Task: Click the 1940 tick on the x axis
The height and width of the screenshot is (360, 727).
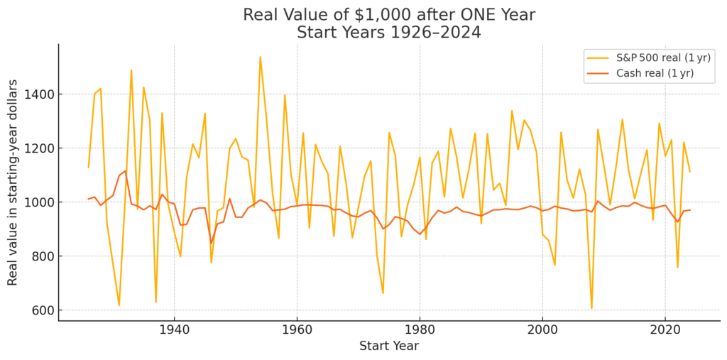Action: (x=174, y=330)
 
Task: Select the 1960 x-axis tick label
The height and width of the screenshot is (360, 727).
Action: (x=297, y=330)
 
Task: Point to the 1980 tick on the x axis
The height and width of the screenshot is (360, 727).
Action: (x=420, y=330)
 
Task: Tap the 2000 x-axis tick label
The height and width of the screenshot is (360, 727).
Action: (x=542, y=330)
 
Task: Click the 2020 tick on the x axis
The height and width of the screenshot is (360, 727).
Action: (x=665, y=330)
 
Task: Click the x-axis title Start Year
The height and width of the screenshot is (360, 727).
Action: (x=388, y=346)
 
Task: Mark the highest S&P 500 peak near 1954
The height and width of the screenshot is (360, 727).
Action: (x=260, y=57)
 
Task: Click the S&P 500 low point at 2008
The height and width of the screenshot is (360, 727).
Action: (x=591, y=308)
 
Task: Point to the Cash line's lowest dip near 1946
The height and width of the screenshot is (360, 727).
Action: (x=211, y=243)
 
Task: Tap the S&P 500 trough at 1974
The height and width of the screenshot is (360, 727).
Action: (x=383, y=293)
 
